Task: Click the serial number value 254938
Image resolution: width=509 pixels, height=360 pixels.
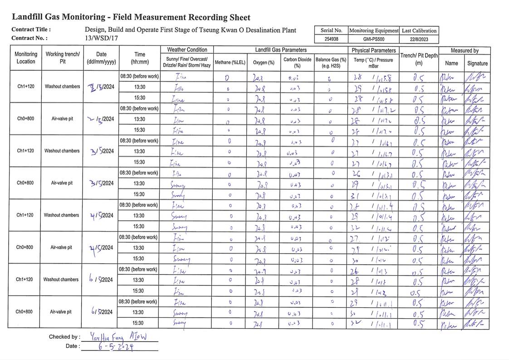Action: pos(331,39)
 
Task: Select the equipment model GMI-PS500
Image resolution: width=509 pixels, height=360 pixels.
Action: pos(374,39)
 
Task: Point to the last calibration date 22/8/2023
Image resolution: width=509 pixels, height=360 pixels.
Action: pos(419,39)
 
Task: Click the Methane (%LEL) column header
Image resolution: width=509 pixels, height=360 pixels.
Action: pos(230,63)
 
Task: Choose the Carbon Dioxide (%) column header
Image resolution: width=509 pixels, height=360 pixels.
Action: pos(297,63)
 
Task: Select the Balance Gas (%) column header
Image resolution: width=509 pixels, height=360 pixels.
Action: pos(331,63)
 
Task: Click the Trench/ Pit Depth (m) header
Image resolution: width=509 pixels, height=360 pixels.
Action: pos(419,59)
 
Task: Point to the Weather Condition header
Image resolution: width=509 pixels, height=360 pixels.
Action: pos(187,50)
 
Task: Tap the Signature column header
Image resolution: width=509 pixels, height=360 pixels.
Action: pos(477,64)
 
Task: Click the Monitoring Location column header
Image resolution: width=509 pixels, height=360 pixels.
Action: pos(26,58)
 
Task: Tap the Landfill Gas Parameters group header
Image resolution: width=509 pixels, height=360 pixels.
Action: pos(280,50)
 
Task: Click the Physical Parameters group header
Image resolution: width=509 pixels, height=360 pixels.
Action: pos(373,50)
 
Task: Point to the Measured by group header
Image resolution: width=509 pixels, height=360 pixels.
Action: pos(464,50)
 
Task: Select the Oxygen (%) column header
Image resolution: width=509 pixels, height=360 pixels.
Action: pos(264,63)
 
